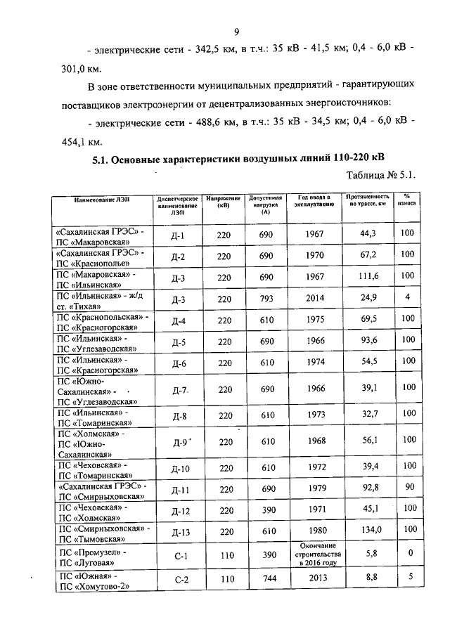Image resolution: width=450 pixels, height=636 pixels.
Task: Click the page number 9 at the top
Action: point(237,31)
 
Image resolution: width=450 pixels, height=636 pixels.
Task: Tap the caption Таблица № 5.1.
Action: point(378,175)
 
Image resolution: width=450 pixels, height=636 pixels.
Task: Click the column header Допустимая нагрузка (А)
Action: point(265,205)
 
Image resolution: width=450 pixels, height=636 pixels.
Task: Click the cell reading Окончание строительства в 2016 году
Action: point(311,554)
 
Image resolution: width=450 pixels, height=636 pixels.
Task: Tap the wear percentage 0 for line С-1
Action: point(407,554)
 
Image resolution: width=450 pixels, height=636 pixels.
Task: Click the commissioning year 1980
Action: point(311,530)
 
